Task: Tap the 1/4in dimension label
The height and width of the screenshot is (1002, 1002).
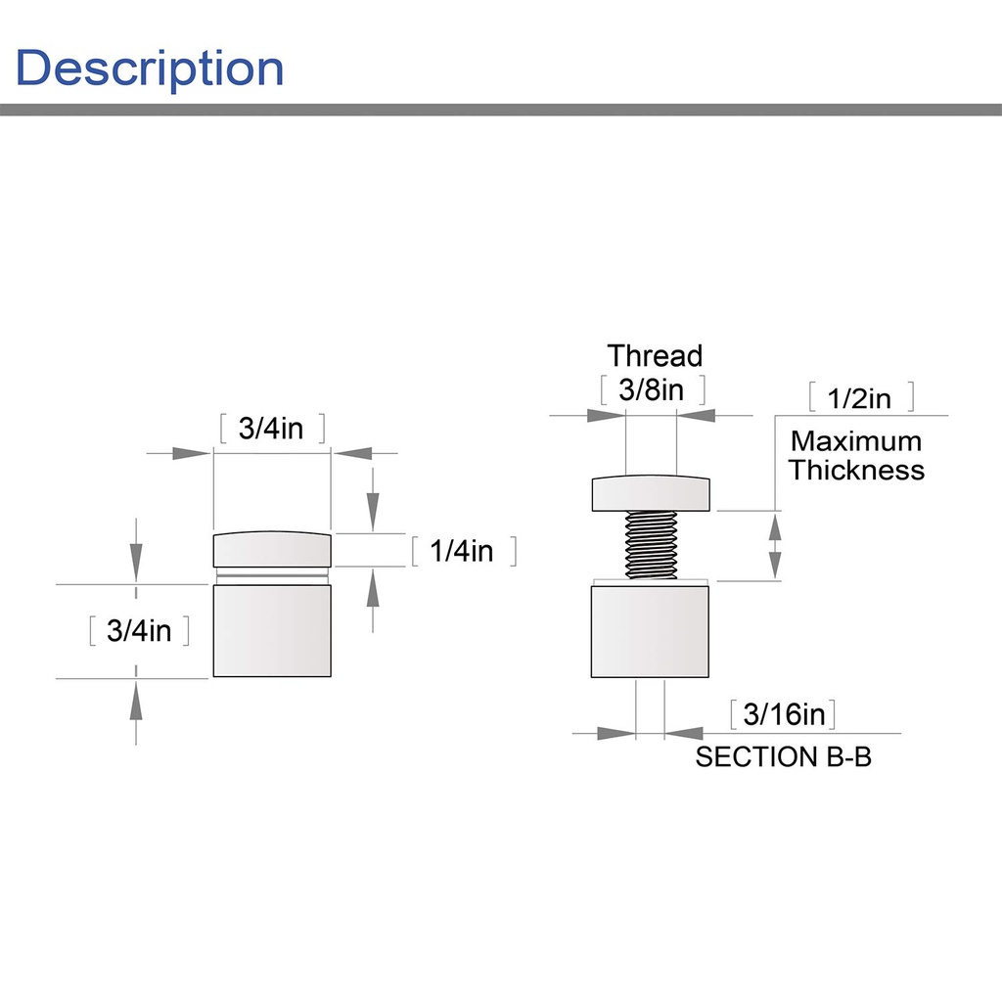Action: [x=462, y=551]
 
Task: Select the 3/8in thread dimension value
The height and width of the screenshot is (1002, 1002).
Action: [x=651, y=389]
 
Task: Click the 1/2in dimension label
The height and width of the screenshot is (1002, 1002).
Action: [x=859, y=398]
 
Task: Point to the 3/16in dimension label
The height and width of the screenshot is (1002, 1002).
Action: [x=784, y=713]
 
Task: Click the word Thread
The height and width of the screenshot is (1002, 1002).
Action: [x=655, y=356]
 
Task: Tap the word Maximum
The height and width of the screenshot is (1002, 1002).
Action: [x=856, y=441]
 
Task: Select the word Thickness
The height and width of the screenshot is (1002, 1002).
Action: [x=856, y=470]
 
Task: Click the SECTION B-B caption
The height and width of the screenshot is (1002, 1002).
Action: [x=784, y=756]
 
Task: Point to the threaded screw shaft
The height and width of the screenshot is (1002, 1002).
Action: [x=651, y=545]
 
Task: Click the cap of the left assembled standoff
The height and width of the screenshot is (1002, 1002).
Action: [x=272, y=549]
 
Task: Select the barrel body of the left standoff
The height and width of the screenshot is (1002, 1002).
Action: [x=272, y=631]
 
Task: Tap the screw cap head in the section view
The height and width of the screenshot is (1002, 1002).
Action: [x=651, y=493]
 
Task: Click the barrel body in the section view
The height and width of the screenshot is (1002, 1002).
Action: [x=650, y=631]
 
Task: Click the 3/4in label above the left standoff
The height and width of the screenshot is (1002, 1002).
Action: [x=271, y=429]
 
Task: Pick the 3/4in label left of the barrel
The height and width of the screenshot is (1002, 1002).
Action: [x=139, y=631]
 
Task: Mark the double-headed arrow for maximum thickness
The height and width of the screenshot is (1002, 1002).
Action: [x=775, y=546]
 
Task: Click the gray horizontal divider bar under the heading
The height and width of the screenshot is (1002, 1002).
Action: [x=501, y=110]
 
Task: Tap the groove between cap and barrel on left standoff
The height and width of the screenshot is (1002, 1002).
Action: [x=272, y=575]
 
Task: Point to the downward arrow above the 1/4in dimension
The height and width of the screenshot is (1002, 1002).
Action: [x=373, y=499]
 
